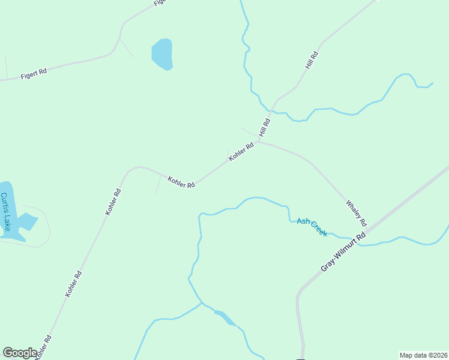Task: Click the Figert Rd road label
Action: pos(34,75)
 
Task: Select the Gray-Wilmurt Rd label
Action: pos(343,253)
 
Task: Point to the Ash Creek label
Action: pos(312,227)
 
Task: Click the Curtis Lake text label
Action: pos(5,212)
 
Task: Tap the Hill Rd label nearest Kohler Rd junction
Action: pos(265,127)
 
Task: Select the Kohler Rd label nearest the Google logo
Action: pos(43,347)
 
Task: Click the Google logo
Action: pos(20,353)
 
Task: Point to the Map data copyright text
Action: pos(423,355)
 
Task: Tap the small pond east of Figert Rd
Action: pos(163,54)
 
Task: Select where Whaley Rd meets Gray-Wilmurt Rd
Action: pos(367,231)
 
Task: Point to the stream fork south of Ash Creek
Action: pos(202,303)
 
